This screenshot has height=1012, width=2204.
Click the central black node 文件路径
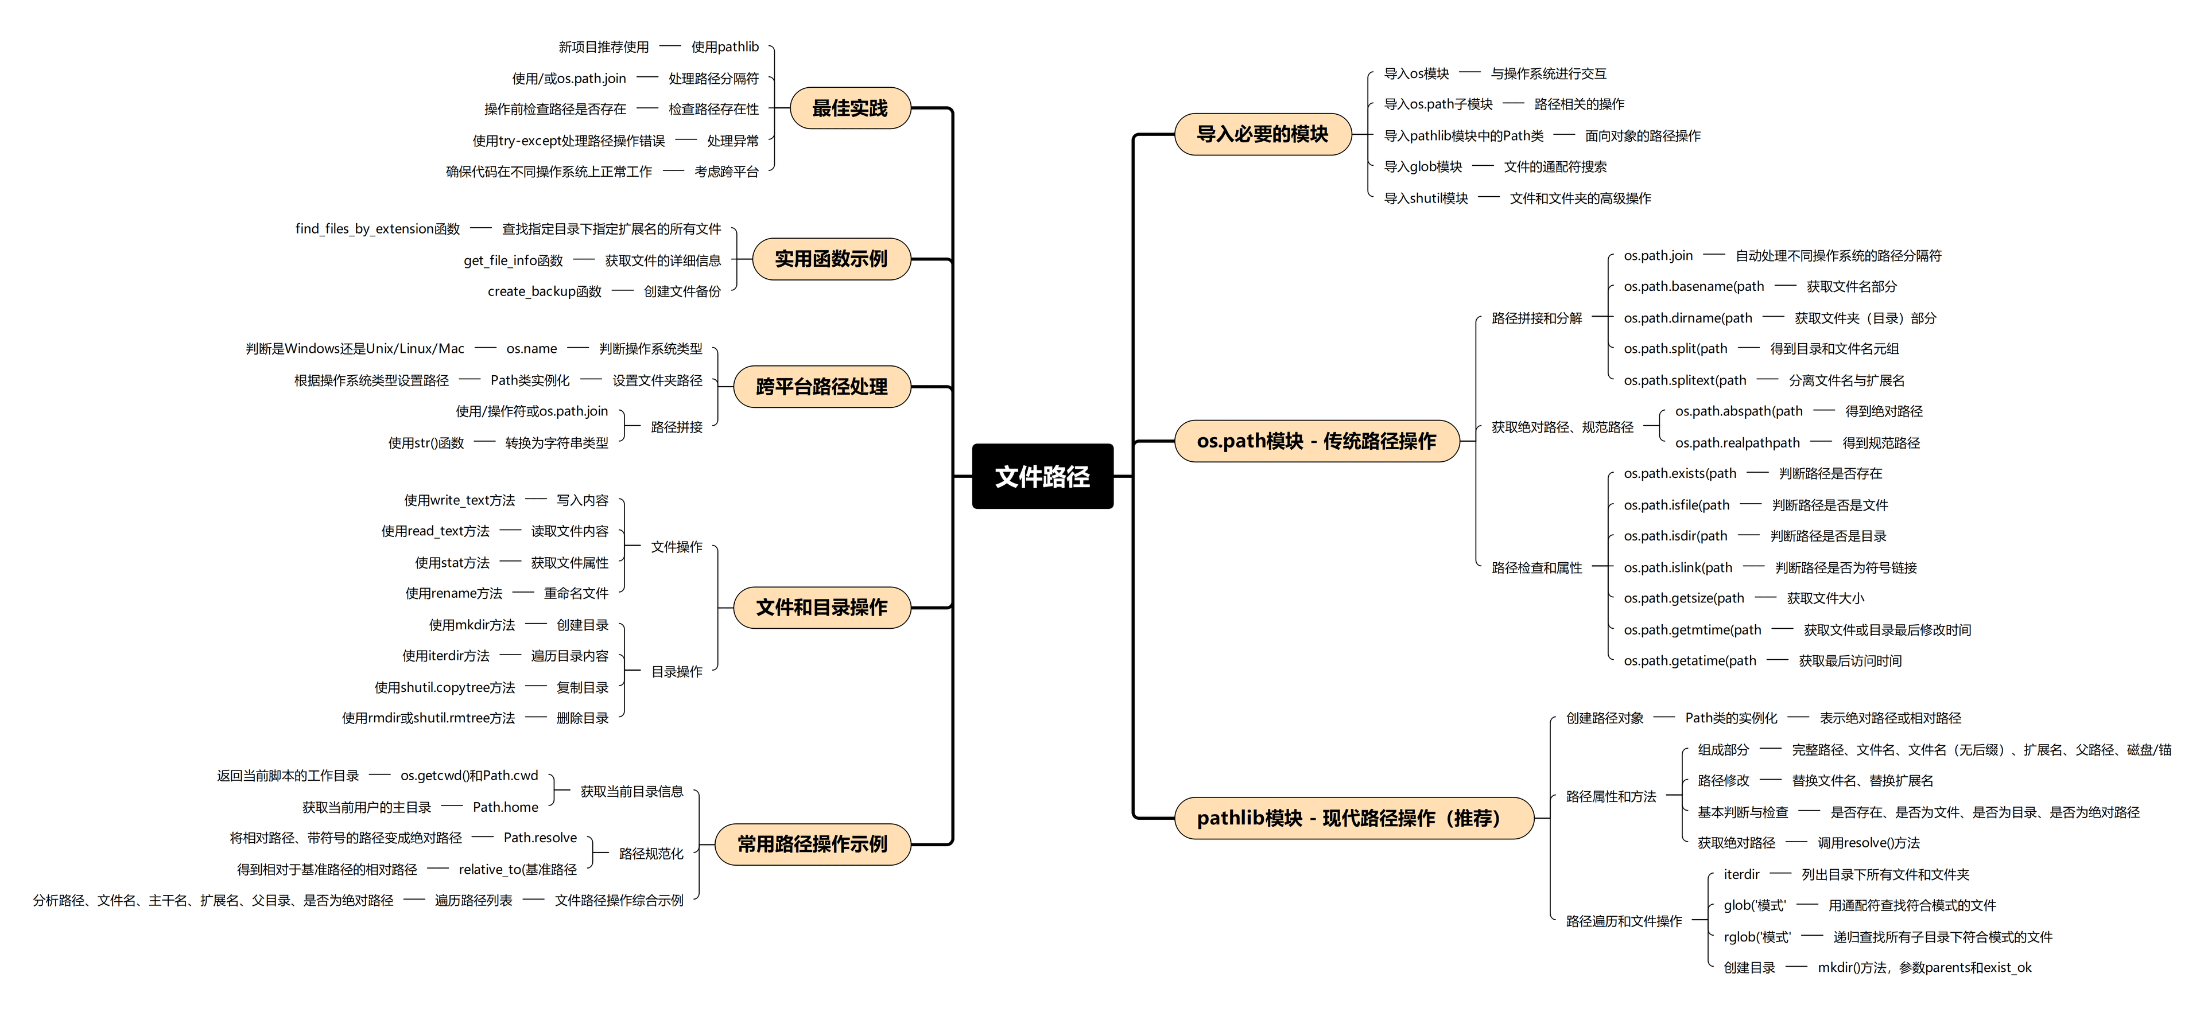click(1042, 477)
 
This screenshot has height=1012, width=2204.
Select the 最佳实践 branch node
click(849, 108)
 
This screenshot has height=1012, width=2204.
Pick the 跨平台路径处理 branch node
click(821, 387)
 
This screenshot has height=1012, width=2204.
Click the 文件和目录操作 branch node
click(821, 608)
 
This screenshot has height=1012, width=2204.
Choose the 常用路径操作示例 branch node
click(812, 844)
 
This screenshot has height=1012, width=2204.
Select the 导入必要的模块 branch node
click(1262, 134)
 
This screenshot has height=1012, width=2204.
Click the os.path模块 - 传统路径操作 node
click(1316, 441)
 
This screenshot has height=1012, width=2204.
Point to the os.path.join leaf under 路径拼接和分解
click(1658, 256)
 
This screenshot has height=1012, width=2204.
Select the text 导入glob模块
click(1423, 167)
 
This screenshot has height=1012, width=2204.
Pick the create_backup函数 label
click(544, 291)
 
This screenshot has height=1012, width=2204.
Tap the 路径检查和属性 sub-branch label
click(1536, 568)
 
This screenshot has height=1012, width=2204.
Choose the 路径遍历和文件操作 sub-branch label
click(1623, 921)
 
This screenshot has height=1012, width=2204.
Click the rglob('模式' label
click(1756, 937)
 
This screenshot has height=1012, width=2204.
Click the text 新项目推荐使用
click(603, 47)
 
